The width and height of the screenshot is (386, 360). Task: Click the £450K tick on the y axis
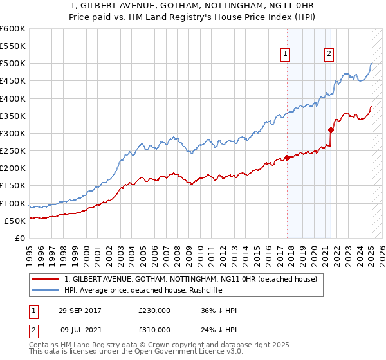(13, 81)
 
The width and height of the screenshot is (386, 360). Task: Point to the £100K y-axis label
(13, 203)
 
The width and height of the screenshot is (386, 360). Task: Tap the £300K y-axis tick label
(13, 133)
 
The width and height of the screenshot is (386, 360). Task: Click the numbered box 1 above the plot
(284, 55)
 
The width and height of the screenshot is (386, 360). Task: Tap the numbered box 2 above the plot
(329, 55)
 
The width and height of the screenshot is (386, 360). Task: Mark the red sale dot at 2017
(288, 158)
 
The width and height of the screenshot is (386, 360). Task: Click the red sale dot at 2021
(331, 130)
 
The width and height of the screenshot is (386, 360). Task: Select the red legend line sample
(46, 280)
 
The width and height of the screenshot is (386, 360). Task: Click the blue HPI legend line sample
(46, 290)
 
